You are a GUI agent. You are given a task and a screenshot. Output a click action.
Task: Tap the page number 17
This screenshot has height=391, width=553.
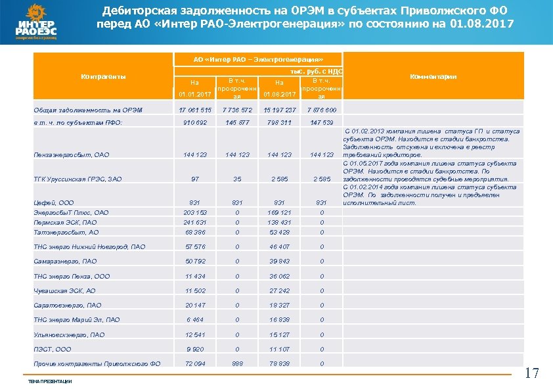(x=532, y=374)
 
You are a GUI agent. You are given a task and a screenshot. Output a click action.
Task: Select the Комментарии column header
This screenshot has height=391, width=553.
(x=433, y=77)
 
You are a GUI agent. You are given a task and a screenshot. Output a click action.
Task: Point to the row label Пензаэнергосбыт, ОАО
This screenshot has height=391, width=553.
(x=72, y=155)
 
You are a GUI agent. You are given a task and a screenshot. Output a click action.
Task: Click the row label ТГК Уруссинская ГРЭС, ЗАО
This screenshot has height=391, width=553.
(x=77, y=179)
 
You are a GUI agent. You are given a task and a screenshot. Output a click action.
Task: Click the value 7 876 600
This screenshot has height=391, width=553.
(x=322, y=110)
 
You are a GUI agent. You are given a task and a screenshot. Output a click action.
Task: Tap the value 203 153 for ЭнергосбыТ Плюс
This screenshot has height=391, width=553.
(x=195, y=213)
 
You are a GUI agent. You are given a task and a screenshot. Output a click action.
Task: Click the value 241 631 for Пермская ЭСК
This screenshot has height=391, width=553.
(x=195, y=222)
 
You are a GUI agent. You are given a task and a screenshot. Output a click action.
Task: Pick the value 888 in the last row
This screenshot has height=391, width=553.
(x=237, y=363)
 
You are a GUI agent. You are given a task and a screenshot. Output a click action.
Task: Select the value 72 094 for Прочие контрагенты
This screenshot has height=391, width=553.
(x=196, y=363)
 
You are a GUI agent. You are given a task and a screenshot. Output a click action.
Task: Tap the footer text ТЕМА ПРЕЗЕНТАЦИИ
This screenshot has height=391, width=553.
(x=50, y=382)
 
